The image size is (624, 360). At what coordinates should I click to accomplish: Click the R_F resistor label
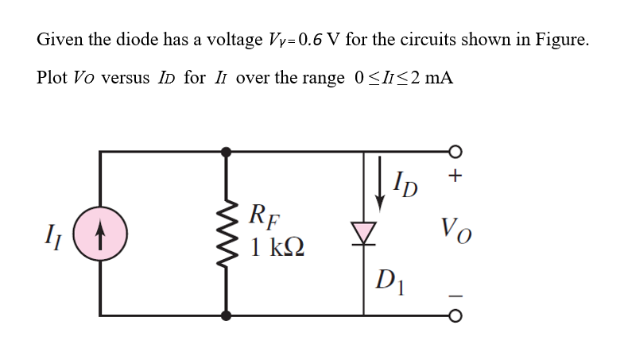click(263, 215)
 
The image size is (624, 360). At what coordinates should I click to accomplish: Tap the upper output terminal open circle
click(455, 150)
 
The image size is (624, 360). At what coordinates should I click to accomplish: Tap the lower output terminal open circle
click(455, 316)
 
